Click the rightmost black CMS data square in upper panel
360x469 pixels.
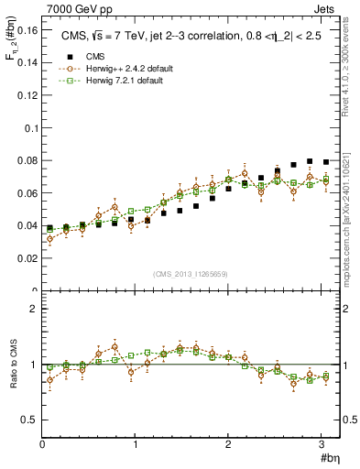(325, 161)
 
